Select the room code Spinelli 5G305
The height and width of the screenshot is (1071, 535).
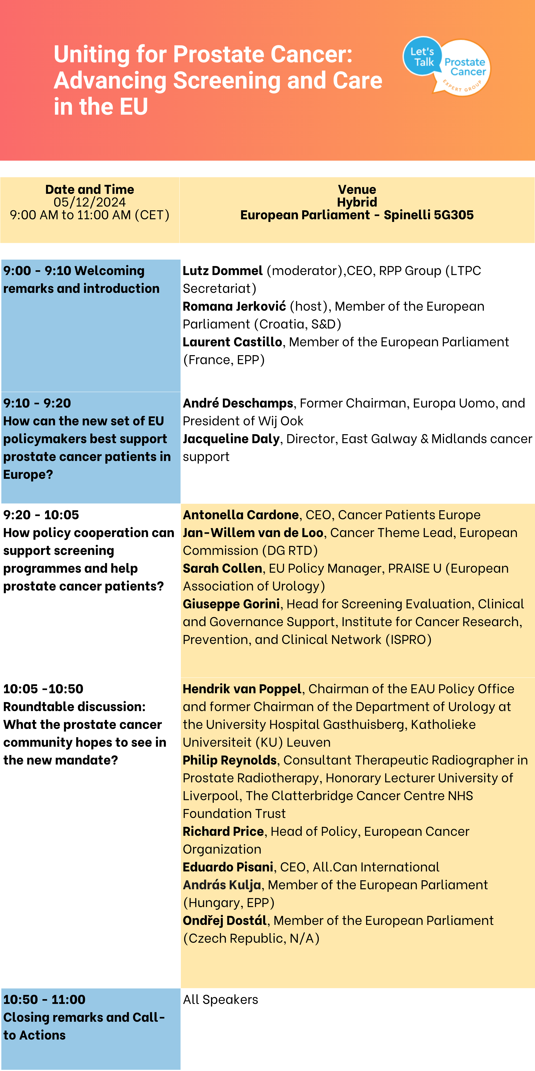[x=428, y=215]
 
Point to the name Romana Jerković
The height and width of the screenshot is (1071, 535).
[x=234, y=306]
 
